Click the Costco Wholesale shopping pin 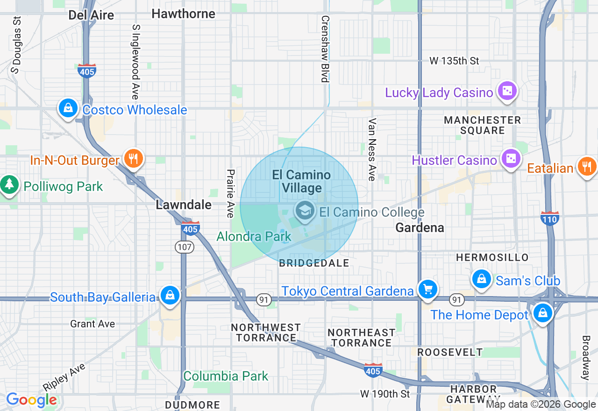[x=68, y=108]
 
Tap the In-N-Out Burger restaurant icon [x=134, y=158]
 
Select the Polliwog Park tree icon [x=8, y=184]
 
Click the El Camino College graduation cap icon [x=305, y=211]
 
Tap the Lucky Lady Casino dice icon [x=507, y=91]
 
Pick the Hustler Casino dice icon [x=511, y=158]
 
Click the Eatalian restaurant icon [x=586, y=166]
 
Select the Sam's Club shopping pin [x=481, y=279]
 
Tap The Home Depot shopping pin [x=542, y=312]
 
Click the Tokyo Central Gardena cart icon [x=427, y=289]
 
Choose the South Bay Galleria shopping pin [x=170, y=295]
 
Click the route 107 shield [x=185, y=248]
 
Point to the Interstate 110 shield [x=550, y=218]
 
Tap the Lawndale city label [x=184, y=205]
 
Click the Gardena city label [x=420, y=227]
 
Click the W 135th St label [x=454, y=61]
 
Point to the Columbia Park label [x=226, y=376]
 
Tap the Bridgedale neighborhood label [x=314, y=263]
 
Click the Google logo [x=31, y=400]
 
